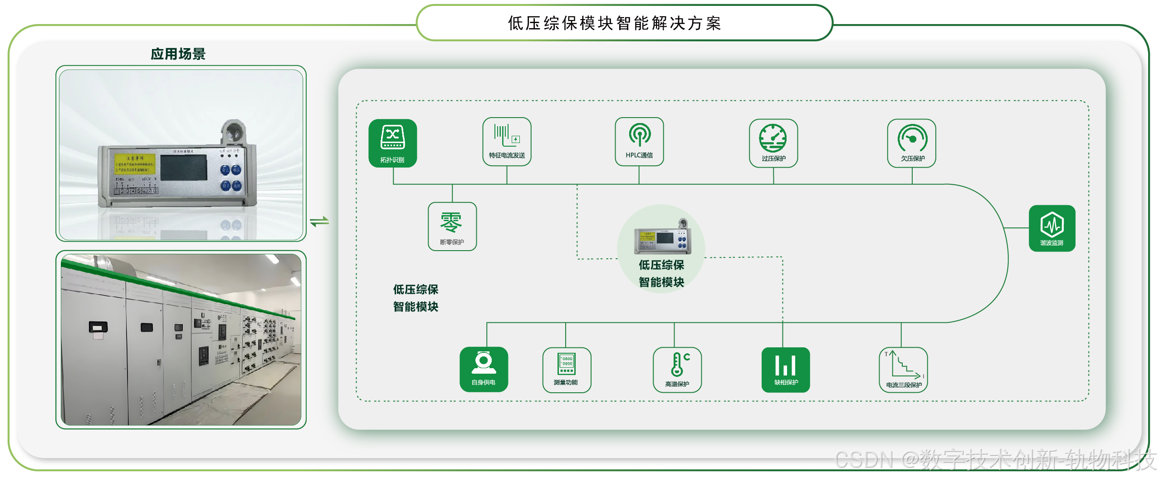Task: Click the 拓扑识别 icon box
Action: pos(392,143)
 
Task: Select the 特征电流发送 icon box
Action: pos(507,142)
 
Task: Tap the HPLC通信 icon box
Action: pos(639,142)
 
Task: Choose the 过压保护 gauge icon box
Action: pos(773,143)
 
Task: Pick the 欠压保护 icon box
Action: pos(912,143)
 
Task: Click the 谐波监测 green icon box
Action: pos(1051,228)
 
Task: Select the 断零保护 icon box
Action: pos(452,226)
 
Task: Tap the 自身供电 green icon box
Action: pos(484,369)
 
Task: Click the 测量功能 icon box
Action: pos(566,370)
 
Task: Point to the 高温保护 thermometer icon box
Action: pos(677,370)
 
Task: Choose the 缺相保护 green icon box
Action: pos(786,370)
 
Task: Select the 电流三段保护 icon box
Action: pos(903,370)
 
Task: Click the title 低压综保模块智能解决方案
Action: pos(614,23)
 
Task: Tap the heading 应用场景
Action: pos(178,54)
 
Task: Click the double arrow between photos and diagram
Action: pos(319,222)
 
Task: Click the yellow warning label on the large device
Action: pos(135,163)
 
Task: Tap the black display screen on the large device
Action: pos(184,168)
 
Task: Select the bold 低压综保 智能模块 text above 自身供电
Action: pos(416,298)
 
